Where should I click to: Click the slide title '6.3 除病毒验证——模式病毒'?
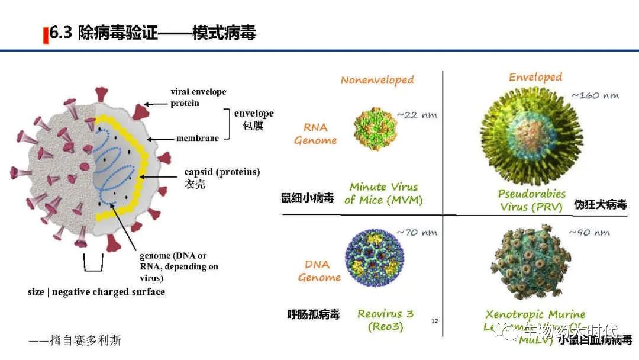(x=153, y=33)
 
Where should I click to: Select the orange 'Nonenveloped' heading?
(x=377, y=80)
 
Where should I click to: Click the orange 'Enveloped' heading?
(x=535, y=77)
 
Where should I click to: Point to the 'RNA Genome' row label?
(x=315, y=134)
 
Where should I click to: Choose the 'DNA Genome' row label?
(x=319, y=271)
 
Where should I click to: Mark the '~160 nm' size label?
(x=594, y=95)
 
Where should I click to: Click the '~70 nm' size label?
(x=417, y=232)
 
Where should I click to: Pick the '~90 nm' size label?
(x=589, y=232)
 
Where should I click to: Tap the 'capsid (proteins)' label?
(x=222, y=172)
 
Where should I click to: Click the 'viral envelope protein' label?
(x=198, y=97)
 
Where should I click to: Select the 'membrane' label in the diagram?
(x=198, y=139)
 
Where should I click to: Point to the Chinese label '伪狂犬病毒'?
(x=600, y=205)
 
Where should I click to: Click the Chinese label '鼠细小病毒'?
(x=307, y=198)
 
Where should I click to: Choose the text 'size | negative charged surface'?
(x=96, y=292)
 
